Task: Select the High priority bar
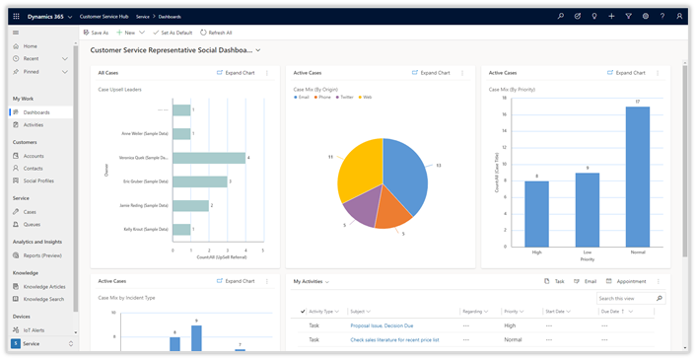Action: [536, 212]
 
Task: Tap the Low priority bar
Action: [587, 208]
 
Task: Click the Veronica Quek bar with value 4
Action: [210, 157]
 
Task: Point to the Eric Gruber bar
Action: [200, 181]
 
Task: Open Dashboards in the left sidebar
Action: [36, 112]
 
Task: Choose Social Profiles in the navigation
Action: [38, 180]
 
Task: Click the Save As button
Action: [97, 33]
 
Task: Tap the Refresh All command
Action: [216, 33]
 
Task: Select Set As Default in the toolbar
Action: [173, 33]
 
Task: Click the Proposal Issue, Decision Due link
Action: [381, 324]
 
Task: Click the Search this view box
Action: [625, 298]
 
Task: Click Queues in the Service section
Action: [32, 224]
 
